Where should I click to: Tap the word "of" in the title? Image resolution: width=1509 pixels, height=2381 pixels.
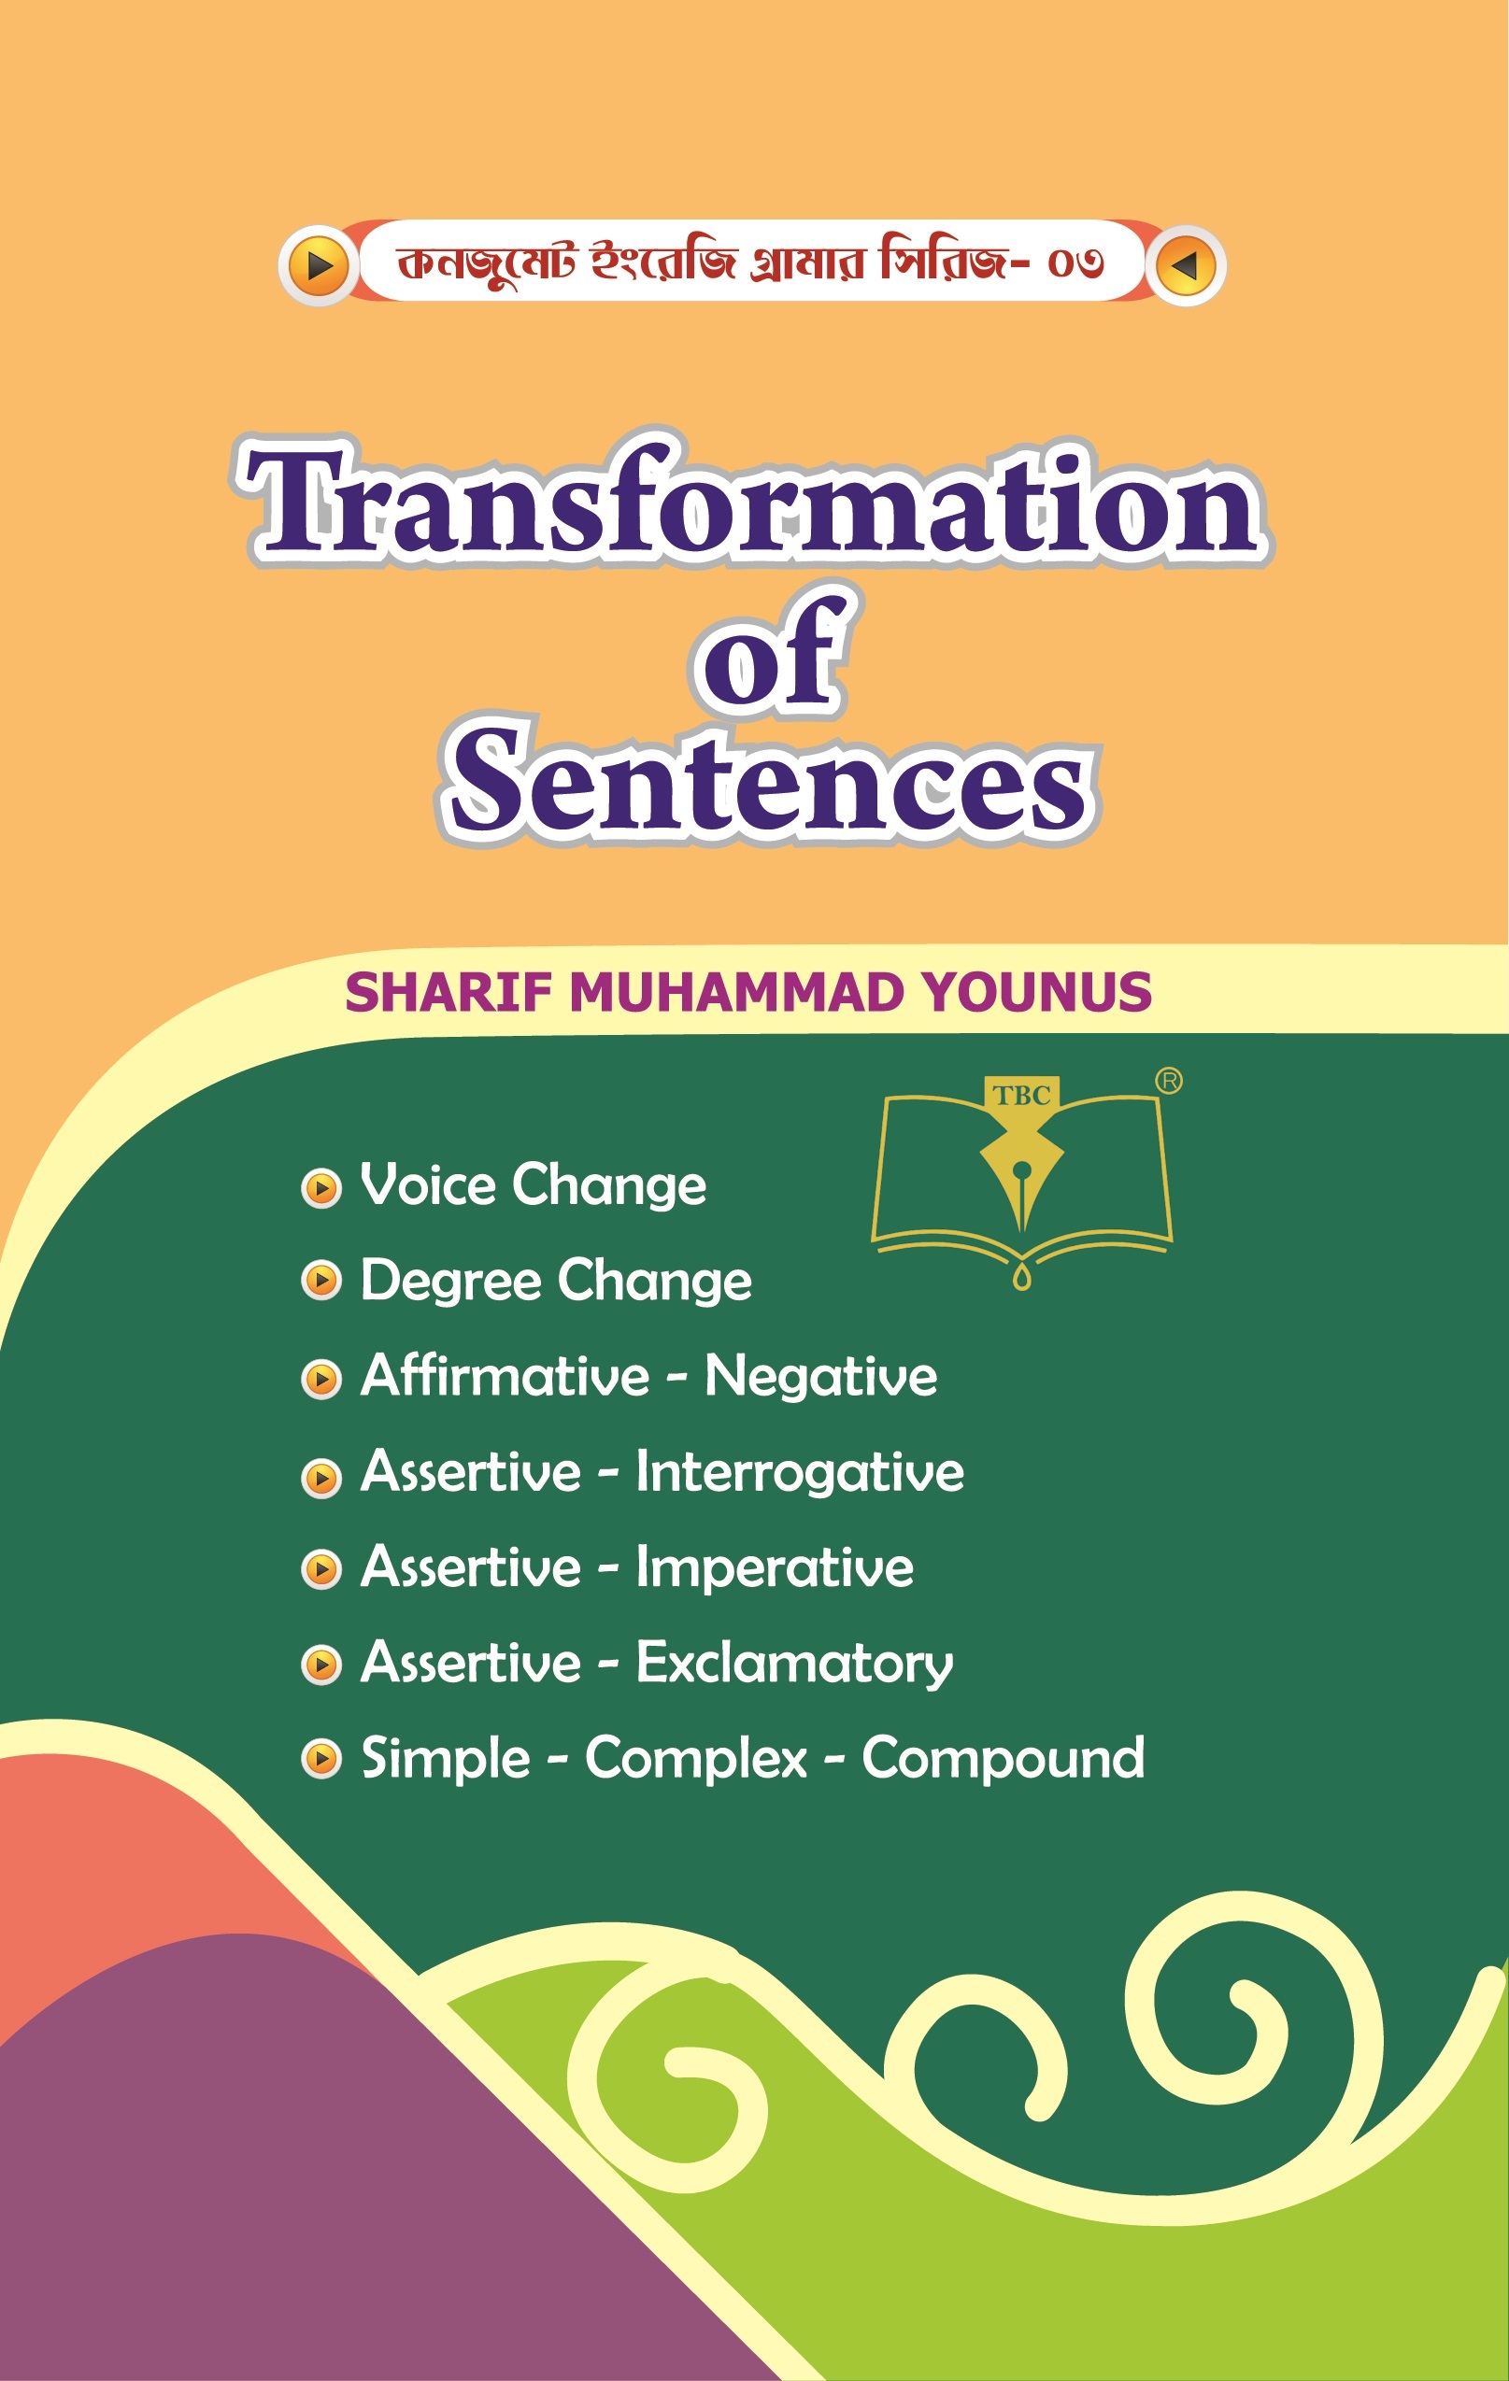(x=771, y=652)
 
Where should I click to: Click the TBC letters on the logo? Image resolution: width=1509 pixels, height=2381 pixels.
(x=1021, y=1096)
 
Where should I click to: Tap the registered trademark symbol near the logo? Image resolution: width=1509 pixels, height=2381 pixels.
(x=1169, y=1081)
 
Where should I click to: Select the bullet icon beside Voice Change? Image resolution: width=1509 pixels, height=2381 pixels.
(x=321, y=1187)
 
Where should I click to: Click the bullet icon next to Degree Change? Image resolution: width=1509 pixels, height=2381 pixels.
(x=321, y=1281)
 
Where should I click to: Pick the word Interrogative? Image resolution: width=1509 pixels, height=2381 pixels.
(x=800, y=1472)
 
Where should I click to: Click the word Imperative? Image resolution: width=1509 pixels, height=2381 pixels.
(x=776, y=1568)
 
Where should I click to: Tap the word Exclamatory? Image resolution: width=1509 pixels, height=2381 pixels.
(x=795, y=1663)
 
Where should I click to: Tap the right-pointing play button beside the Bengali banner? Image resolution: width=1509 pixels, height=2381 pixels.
(x=319, y=265)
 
